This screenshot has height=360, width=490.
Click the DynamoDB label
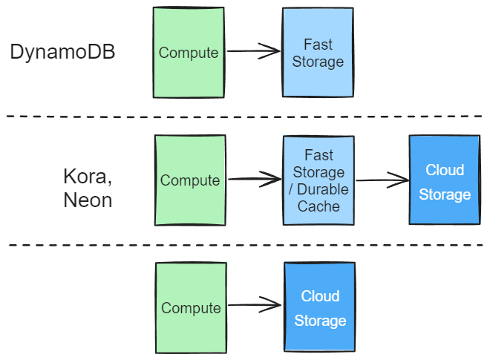click(x=62, y=53)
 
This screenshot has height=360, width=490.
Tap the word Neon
click(x=88, y=200)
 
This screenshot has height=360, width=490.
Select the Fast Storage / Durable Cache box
click(x=318, y=180)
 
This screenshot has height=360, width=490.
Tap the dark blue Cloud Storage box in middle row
click(x=444, y=180)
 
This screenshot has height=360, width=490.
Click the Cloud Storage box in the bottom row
click(x=319, y=307)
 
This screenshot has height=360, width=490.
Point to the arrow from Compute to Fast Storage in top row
click(x=253, y=51)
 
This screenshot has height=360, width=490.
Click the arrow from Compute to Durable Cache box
click(x=254, y=179)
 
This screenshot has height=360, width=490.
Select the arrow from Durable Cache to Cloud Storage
click(x=382, y=180)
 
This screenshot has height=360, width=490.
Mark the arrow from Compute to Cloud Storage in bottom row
click(x=254, y=304)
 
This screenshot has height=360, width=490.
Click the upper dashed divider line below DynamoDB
click(x=245, y=117)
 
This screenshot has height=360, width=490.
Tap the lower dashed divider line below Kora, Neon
click(x=245, y=244)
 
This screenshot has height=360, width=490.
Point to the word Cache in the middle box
click(x=318, y=206)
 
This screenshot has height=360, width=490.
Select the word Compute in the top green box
click(x=189, y=53)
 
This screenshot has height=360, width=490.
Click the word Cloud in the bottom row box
click(x=320, y=296)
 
